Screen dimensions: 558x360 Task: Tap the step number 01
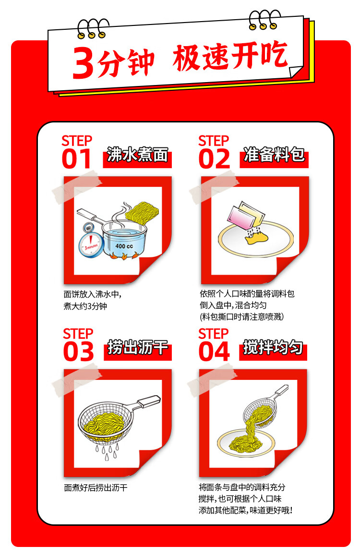tap(76, 159)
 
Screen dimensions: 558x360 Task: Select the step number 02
tap(214, 159)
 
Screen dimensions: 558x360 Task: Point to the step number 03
tap(79, 352)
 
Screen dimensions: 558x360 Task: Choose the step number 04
tap(214, 352)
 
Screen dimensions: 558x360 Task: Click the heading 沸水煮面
tap(137, 155)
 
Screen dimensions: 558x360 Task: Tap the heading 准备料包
tap(274, 155)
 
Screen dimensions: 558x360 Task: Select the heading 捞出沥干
tap(137, 348)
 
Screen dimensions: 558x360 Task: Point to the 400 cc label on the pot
tap(124, 246)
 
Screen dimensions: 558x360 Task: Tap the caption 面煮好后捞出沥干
tap(96, 487)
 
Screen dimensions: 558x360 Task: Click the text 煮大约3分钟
tap(85, 305)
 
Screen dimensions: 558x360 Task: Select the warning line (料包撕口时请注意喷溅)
tap(242, 316)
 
